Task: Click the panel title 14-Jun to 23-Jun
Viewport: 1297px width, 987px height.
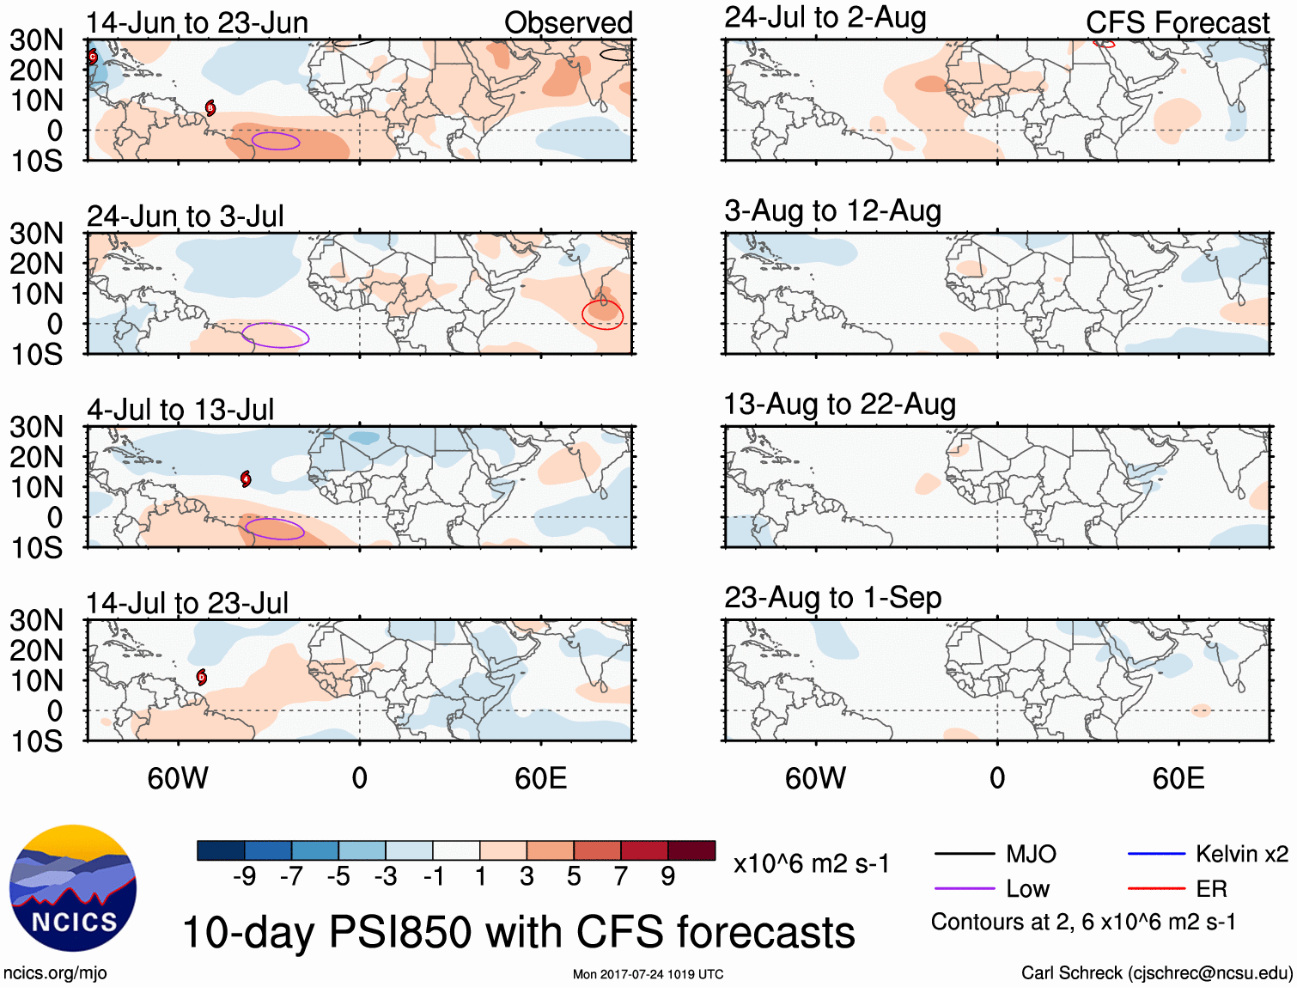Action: tap(197, 22)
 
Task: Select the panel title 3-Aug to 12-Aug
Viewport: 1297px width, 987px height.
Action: tap(832, 210)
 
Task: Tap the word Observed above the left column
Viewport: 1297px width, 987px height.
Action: tap(568, 22)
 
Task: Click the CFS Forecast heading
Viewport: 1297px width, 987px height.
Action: tap(1177, 22)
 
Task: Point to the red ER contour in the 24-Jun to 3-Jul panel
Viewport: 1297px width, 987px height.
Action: tap(602, 314)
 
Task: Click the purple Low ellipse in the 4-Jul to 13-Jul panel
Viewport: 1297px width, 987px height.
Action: tap(275, 529)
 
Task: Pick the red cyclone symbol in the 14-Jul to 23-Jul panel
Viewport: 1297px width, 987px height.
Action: tap(202, 677)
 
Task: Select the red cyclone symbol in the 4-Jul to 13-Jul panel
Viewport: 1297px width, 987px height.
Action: tap(247, 478)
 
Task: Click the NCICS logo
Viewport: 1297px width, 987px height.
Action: tap(73, 888)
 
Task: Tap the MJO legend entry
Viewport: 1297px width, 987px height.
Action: tap(996, 854)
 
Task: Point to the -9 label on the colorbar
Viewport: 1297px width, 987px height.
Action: tap(245, 876)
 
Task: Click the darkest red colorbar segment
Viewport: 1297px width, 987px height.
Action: tap(691, 850)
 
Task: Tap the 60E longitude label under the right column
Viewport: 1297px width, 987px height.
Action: tap(1178, 778)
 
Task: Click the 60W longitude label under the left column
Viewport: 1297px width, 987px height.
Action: tap(178, 778)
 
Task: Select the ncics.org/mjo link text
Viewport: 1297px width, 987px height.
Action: tap(55, 972)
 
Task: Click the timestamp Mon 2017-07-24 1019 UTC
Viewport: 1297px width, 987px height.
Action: tap(648, 974)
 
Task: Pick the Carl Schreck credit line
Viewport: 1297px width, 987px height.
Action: tap(1156, 972)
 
